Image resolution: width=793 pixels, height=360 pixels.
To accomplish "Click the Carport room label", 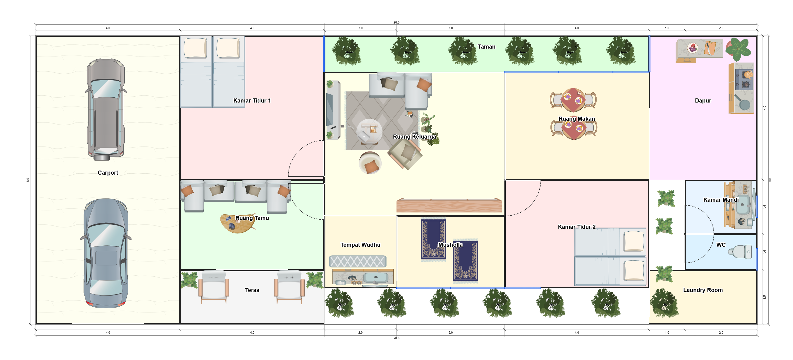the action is (x=108, y=173).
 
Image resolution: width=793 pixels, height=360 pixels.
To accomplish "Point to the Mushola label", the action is (x=450, y=245).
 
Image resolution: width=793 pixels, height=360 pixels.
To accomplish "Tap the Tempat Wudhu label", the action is (x=360, y=245).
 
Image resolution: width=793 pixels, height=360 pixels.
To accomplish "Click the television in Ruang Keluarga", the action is (x=330, y=110).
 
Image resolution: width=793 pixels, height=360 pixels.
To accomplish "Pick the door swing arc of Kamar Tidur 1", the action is (x=297, y=151).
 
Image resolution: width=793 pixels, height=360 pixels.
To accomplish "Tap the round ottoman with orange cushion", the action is (x=370, y=163).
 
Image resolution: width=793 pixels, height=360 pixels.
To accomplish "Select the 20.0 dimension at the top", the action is (x=396, y=22).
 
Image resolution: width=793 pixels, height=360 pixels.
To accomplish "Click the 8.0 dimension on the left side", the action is (x=28, y=180).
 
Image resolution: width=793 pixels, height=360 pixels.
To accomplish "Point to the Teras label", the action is (x=252, y=290).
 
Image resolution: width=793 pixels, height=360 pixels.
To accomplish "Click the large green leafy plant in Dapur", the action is (x=739, y=49).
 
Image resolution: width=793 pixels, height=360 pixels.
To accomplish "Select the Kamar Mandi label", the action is (x=721, y=200).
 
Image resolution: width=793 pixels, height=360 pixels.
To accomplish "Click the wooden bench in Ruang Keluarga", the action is (x=449, y=206).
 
